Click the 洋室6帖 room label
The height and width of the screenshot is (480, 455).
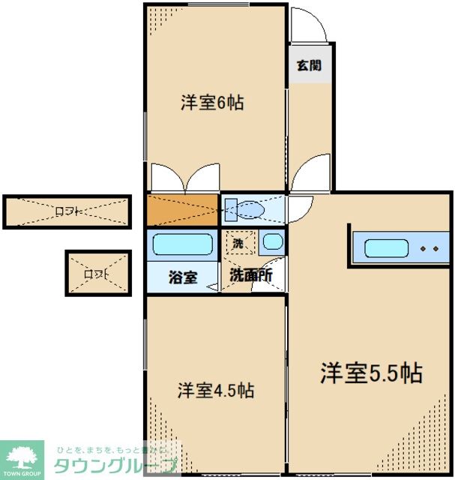coord(212,103)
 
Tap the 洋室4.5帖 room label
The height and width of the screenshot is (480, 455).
coord(215,390)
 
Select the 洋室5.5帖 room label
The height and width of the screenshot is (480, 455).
coord(371,373)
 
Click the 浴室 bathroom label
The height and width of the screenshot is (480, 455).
coord(182,277)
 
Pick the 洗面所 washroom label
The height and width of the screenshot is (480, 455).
coord(250,275)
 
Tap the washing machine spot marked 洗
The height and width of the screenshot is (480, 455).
coord(238,243)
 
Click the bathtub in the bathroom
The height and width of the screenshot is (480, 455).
coord(182,244)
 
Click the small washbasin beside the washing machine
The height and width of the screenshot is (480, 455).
coord(272,243)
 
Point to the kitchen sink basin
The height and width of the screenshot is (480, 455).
coord(386,248)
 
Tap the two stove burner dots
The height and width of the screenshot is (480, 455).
coord(430,248)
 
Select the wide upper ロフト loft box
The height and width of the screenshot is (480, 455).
coord(67,211)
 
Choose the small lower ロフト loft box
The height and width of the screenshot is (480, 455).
coord(97,273)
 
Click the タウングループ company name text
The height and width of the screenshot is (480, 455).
coord(116,465)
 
